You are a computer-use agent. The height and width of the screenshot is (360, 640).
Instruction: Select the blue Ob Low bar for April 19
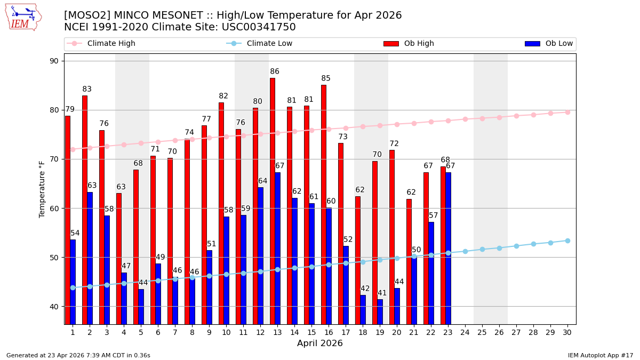tap(380, 311)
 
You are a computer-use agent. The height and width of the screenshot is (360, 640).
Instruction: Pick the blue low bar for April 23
tap(449, 248)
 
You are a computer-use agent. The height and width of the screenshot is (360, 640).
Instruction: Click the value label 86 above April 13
tap(275, 71)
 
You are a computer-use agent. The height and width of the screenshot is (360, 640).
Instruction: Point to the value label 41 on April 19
tap(382, 293)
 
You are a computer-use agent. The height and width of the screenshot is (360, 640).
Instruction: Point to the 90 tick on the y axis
tap(54, 61)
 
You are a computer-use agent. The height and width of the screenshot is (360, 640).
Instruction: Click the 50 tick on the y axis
tap(54, 258)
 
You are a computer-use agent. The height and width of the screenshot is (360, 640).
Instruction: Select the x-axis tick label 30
tap(567, 332)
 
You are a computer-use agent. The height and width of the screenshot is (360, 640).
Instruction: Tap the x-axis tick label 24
tap(465, 332)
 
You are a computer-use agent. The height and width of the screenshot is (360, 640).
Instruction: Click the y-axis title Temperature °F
tap(42, 189)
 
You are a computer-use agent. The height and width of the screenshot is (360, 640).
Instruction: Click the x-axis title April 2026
tap(320, 343)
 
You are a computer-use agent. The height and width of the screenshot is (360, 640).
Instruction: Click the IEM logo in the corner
tap(23, 17)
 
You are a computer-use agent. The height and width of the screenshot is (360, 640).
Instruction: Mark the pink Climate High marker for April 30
tap(567, 112)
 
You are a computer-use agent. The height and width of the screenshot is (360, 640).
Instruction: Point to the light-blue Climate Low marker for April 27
tap(516, 246)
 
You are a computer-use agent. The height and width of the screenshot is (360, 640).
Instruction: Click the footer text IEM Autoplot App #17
tap(600, 355)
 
